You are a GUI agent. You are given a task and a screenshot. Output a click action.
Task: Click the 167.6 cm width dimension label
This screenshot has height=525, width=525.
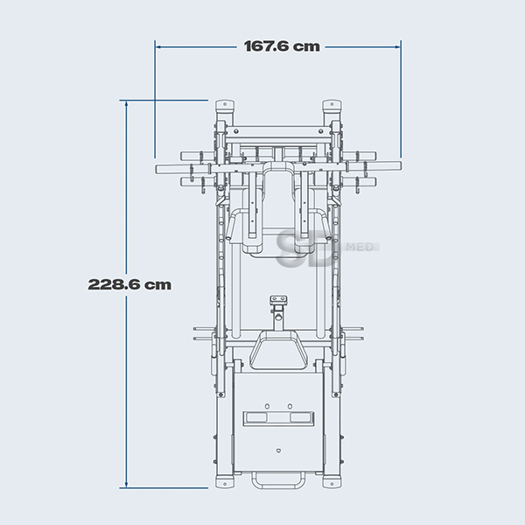coord(282,46)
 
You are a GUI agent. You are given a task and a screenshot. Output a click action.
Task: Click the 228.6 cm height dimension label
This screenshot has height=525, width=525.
coord(129,284)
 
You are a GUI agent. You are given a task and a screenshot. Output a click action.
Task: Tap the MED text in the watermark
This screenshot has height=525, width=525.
coord(360,247)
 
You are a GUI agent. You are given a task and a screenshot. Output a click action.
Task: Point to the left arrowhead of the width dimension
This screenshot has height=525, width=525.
coord(158,47)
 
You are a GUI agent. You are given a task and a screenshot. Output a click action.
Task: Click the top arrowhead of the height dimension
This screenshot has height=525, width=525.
coord(126,103)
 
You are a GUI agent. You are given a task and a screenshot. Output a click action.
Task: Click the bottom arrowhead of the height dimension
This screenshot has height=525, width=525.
coord(126,485)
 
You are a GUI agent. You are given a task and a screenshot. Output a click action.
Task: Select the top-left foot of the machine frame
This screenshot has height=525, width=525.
coord(225,106)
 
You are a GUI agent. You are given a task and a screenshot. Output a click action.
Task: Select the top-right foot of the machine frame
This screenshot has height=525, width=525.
coord(332,106)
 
